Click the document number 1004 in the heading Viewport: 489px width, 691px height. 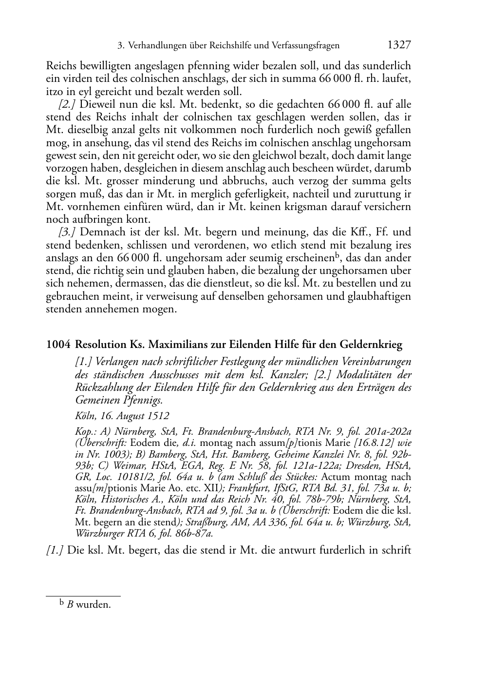(x=57, y=345)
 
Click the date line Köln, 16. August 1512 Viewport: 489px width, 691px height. (x=122, y=416)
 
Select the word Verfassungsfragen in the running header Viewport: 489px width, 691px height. (x=304, y=46)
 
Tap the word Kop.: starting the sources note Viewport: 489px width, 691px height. (x=86, y=431)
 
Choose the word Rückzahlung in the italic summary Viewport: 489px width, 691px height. (x=102, y=387)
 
